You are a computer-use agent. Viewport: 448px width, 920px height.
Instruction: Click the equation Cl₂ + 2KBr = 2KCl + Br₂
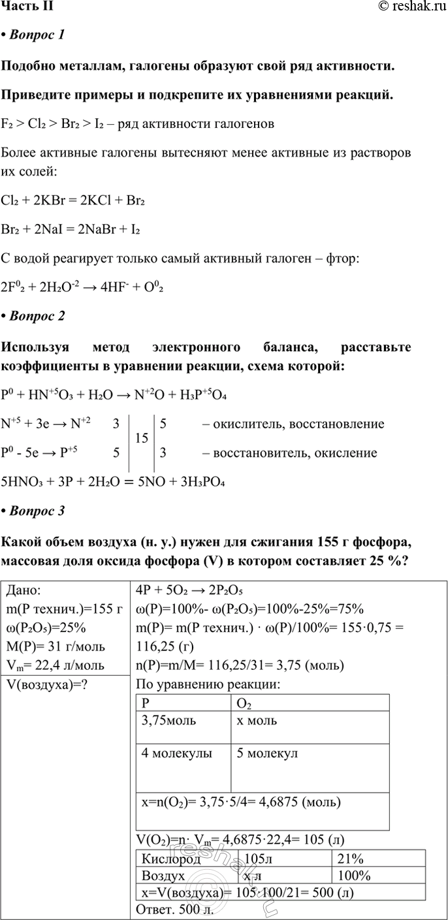point(73,202)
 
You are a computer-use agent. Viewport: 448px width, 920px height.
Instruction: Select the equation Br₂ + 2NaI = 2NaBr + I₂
point(72,230)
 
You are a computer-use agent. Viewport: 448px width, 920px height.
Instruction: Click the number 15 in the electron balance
point(140,438)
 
